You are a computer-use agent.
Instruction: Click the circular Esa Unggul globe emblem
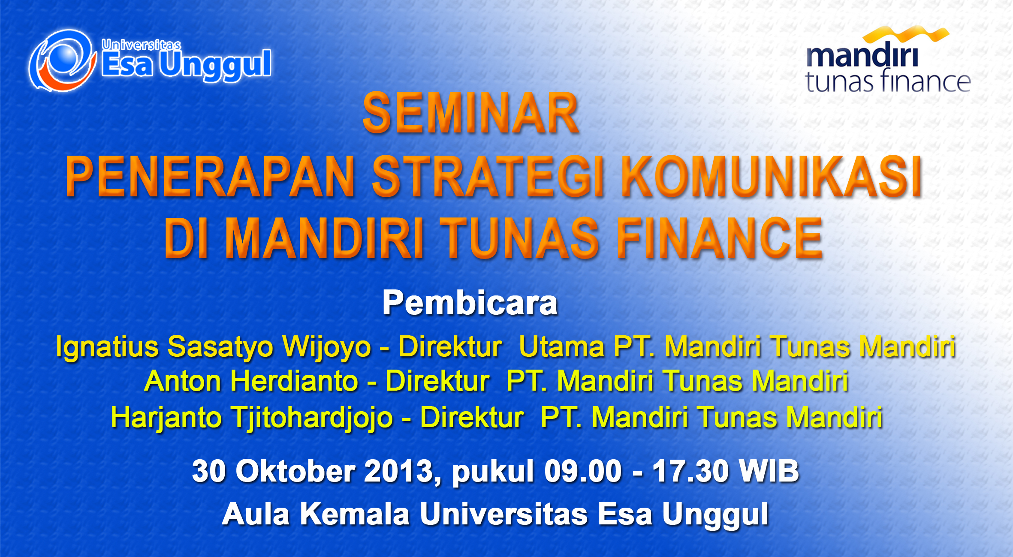[x=63, y=60]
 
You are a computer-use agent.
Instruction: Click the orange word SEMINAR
[x=471, y=114]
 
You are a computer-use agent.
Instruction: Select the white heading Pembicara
[x=470, y=303]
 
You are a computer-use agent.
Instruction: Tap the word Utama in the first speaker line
[x=561, y=346]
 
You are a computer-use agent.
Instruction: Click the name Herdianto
[x=294, y=381]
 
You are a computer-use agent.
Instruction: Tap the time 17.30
[x=690, y=471]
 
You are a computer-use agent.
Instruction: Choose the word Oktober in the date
[x=295, y=471]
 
